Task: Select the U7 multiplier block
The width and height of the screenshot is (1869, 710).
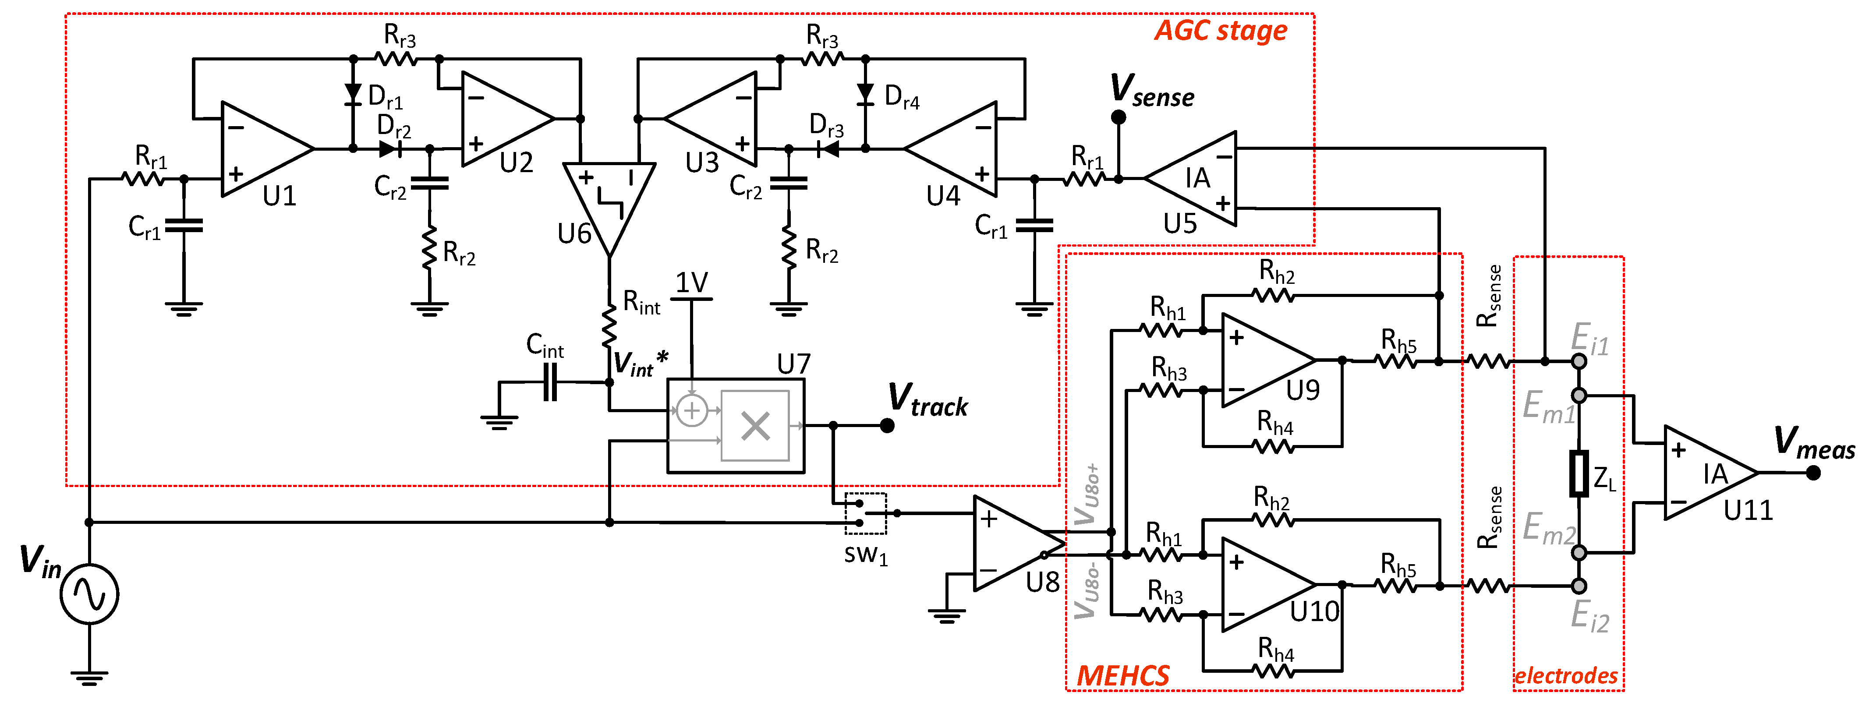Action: (x=735, y=426)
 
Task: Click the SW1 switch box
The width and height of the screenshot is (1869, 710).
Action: (x=865, y=513)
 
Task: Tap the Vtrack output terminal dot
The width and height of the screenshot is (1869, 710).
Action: (x=887, y=426)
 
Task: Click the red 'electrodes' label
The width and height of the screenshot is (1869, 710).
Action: (x=1566, y=676)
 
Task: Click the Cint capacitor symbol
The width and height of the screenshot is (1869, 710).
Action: (x=550, y=382)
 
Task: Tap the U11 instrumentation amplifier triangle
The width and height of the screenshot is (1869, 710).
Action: (x=1705, y=473)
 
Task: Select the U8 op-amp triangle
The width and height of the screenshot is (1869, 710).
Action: (x=1012, y=543)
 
